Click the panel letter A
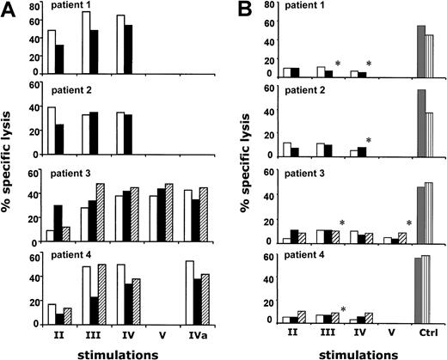tap(9, 9)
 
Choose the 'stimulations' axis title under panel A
tap(122, 351)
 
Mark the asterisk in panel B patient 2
tap(367, 141)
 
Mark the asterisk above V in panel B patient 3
tap(409, 224)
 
